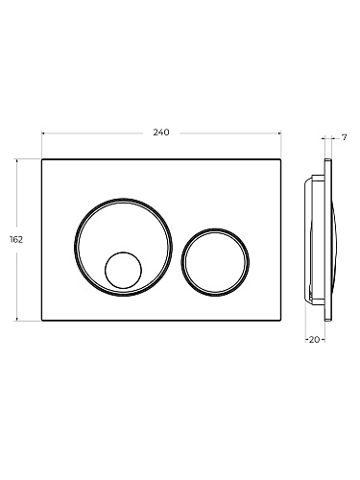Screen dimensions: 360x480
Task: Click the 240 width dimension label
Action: tap(161, 132)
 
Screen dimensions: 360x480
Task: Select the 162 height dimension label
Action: tap(16, 239)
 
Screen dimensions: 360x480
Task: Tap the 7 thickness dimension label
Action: tap(344, 138)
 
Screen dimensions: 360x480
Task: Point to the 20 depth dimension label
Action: tap(315, 340)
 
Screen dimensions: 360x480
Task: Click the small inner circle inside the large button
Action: tap(123, 270)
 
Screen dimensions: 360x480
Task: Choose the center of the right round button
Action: tap(215, 262)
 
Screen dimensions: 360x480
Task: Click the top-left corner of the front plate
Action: tap(42, 159)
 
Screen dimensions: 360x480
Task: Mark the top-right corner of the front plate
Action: tap(280, 159)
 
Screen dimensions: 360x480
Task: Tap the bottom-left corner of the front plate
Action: tap(42, 321)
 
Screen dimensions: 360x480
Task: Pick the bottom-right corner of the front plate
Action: tap(280, 321)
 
